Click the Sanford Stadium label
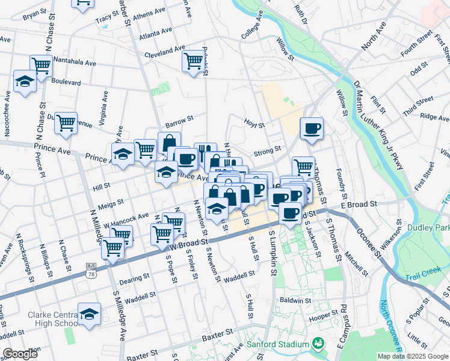point(278,345)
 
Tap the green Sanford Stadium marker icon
point(318,345)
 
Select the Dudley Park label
point(428,227)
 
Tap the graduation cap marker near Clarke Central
point(89,314)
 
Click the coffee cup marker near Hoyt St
point(312,128)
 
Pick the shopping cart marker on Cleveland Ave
point(193,60)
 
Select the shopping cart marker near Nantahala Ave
point(41,65)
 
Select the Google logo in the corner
point(20,354)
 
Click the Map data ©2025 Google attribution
point(412,356)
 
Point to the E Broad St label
point(358,205)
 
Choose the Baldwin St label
point(295,299)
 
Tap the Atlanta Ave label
point(152,36)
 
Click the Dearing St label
point(135,278)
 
